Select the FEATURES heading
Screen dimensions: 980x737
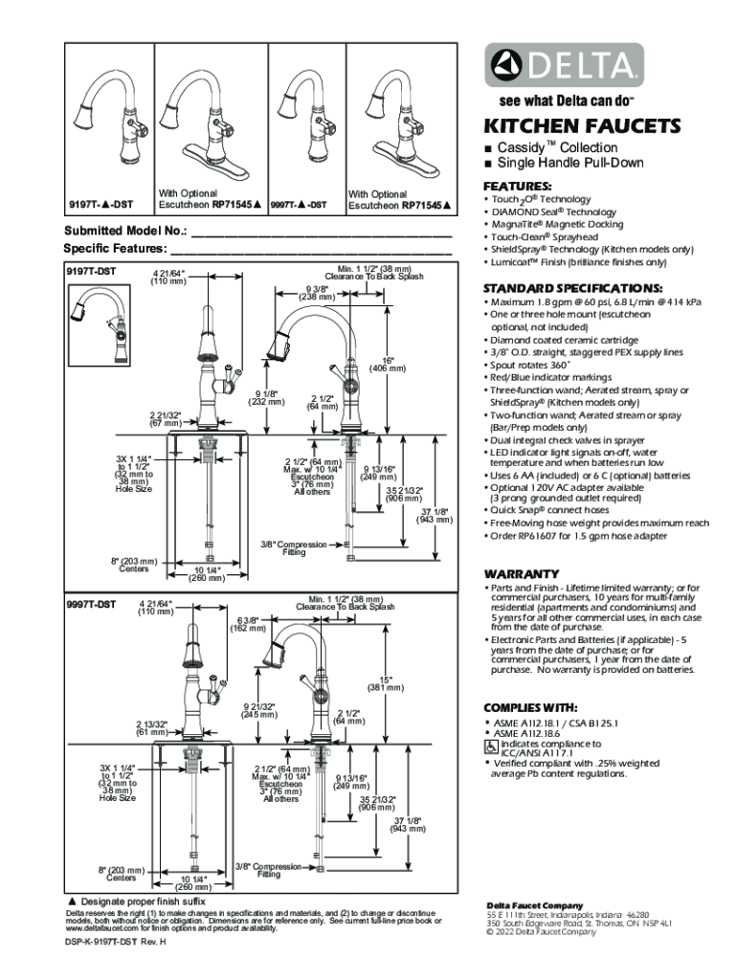click(518, 186)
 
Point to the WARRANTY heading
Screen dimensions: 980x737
click(515, 572)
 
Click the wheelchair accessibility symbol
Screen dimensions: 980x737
click(492, 746)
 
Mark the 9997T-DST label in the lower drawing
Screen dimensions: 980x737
click(91, 604)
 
